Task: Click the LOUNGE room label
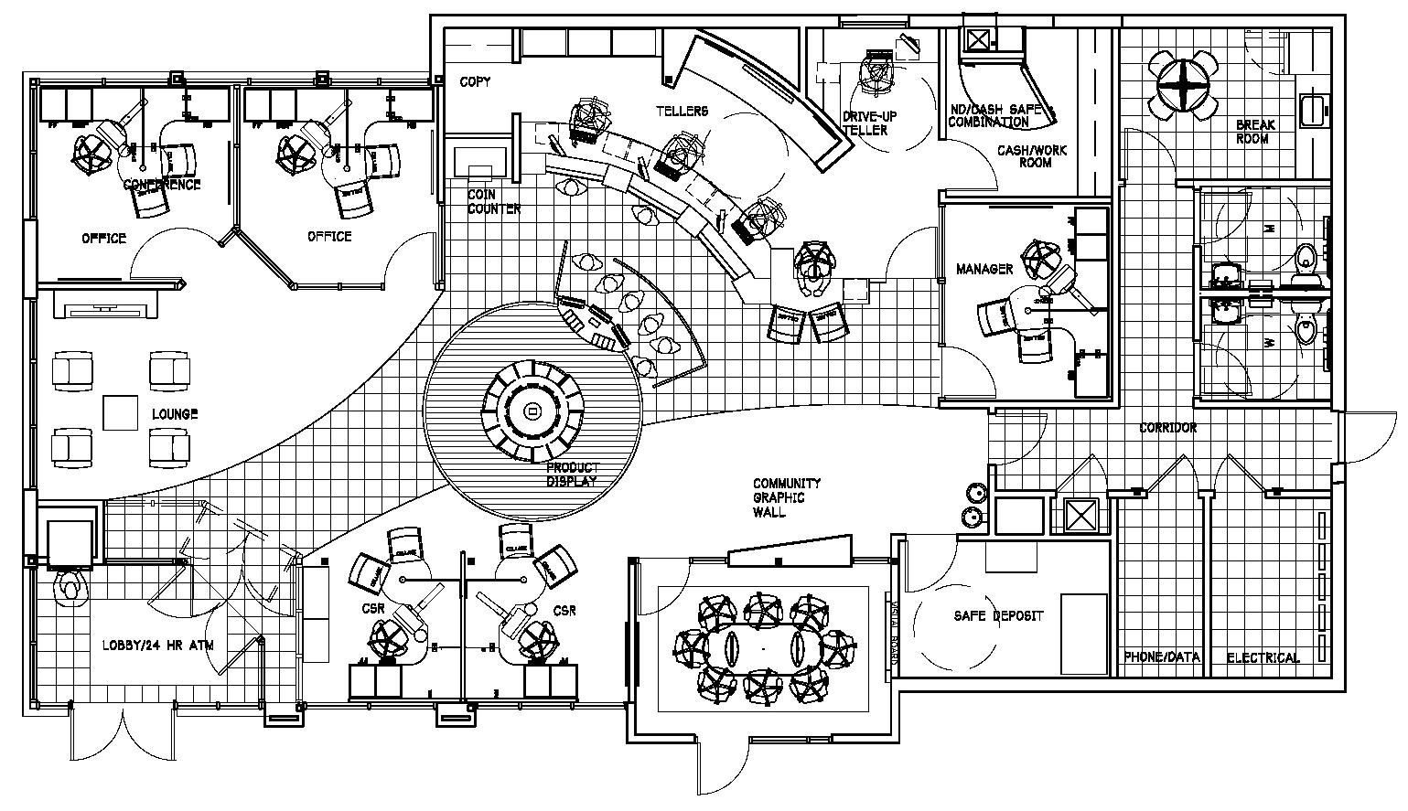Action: click(175, 414)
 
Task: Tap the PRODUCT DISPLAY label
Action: click(572, 474)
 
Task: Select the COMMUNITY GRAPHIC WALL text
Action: click(786, 497)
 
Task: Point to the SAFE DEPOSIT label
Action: click(999, 615)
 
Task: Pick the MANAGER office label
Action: click(984, 269)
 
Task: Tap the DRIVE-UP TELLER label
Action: click(865, 123)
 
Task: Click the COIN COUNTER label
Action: click(494, 201)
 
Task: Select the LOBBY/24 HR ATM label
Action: click(164, 645)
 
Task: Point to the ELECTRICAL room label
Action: click(1263, 657)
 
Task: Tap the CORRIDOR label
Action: click(1167, 427)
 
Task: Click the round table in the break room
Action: click(1187, 86)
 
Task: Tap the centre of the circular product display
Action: click(532, 413)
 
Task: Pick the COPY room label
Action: click(475, 81)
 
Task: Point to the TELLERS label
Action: click(682, 111)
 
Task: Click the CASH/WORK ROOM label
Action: click(1032, 155)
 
